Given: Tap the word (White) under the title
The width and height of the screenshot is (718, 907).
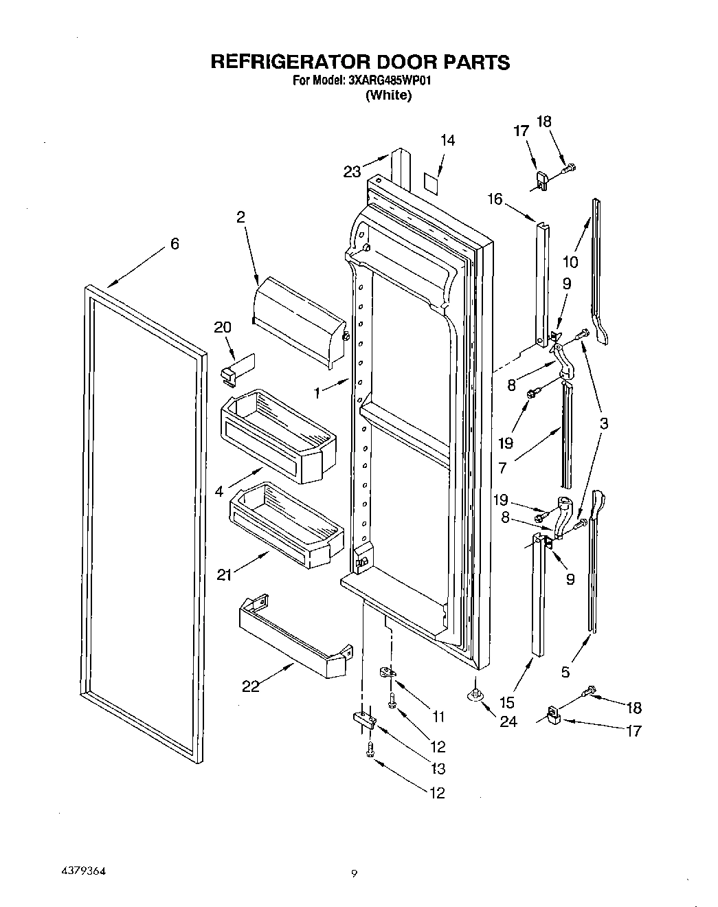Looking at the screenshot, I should (x=388, y=96).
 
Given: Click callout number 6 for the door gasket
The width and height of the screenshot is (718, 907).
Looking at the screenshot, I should (x=175, y=243).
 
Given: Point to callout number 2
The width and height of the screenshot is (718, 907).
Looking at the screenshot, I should (x=240, y=216).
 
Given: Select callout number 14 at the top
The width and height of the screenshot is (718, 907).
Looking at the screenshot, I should (x=447, y=140).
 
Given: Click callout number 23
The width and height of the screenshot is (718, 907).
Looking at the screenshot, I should (x=352, y=172).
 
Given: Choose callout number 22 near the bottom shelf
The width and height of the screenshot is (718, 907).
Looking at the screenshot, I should (x=251, y=686).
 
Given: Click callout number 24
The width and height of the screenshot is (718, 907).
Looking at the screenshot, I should (x=509, y=721).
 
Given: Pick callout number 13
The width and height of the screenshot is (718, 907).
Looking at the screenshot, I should (x=437, y=768).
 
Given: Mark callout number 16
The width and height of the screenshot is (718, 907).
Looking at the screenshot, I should (x=495, y=199).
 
